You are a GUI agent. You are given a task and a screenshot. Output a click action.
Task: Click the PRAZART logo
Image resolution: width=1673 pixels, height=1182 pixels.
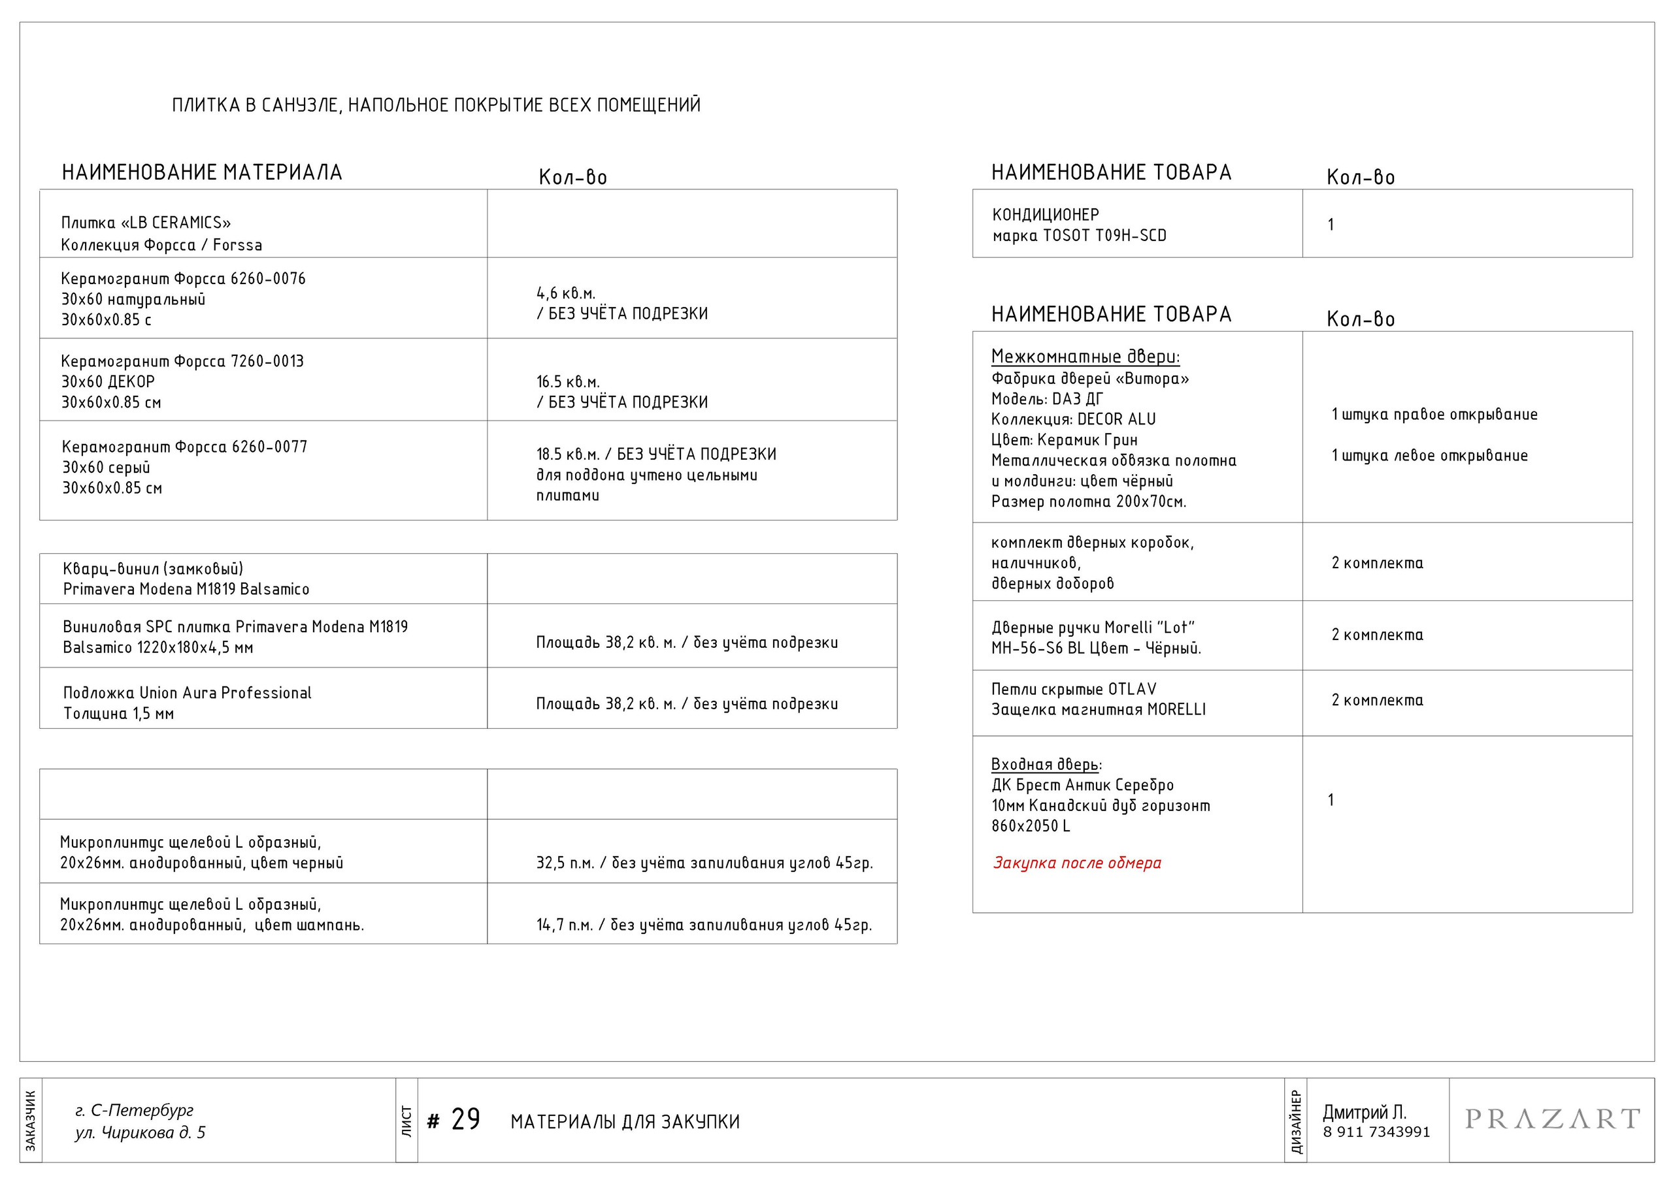(1551, 1119)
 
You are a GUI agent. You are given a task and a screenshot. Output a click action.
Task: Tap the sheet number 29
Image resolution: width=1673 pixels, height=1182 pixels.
(465, 1120)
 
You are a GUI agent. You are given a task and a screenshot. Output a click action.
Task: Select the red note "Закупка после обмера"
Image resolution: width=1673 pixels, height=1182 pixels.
(1076, 863)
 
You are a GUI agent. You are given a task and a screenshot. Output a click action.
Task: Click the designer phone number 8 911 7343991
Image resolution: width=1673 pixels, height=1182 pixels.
(1376, 1132)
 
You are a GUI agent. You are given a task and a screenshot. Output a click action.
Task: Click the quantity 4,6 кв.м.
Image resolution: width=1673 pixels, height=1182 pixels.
(566, 293)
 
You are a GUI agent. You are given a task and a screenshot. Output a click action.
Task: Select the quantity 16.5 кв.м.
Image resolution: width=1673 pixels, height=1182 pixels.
(568, 381)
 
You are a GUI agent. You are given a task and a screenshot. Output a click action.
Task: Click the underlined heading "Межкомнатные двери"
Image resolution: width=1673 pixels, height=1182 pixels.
(1085, 357)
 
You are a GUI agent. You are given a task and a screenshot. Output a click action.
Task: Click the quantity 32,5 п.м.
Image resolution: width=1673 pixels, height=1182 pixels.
(565, 863)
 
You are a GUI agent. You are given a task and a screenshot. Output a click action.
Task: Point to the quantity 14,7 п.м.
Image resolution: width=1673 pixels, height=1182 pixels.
(565, 925)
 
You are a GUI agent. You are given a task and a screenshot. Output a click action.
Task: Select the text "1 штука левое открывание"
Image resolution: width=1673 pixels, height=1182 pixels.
(1429, 456)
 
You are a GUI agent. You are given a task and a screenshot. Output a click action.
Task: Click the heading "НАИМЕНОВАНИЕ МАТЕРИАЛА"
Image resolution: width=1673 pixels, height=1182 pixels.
(202, 172)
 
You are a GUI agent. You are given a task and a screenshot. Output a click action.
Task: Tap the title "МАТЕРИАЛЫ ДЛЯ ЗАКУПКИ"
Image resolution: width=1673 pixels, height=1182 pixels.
(625, 1121)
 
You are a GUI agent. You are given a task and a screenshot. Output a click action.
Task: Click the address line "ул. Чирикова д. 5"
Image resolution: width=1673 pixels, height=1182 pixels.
(140, 1132)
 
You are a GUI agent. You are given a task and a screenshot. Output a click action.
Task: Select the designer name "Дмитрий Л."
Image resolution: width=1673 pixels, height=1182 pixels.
(1364, 1112)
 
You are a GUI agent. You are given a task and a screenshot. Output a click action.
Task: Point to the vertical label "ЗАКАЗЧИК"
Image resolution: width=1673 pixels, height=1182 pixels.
(31, 1120)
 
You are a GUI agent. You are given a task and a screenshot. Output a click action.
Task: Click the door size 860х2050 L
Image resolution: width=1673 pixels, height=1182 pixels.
(1031, 826)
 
